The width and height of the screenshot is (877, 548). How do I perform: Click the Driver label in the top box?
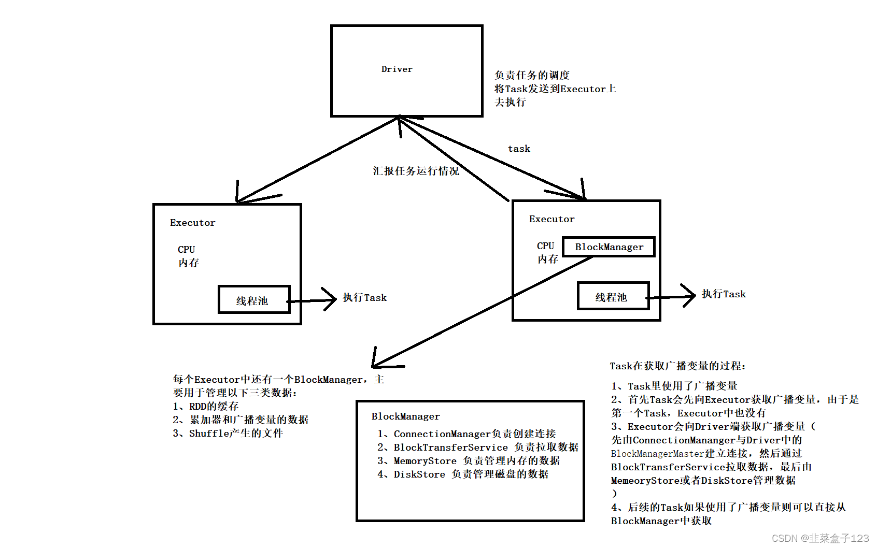397,69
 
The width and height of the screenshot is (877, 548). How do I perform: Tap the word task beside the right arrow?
519,149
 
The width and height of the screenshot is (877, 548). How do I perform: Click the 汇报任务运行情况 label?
416,171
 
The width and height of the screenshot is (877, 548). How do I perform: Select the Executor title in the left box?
192,223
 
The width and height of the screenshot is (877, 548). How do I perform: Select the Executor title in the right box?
551,219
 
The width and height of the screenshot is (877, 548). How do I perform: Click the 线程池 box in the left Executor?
253,300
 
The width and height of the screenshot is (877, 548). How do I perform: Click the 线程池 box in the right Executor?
613,296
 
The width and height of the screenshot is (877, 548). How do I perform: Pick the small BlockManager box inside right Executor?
609,247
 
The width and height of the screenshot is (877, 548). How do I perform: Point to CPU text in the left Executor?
186,250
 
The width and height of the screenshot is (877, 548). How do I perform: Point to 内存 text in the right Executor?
547,259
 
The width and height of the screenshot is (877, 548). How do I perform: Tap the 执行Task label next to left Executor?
364,298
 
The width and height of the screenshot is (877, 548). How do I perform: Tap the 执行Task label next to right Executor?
724,294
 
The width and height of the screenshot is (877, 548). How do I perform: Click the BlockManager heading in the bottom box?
405,416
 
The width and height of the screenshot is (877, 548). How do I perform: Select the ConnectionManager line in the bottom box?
466,434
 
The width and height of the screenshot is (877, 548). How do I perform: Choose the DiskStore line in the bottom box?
463,474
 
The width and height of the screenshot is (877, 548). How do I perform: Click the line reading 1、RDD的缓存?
206,407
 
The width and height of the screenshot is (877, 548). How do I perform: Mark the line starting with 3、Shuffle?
228,434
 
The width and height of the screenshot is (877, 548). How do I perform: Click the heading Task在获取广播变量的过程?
677,366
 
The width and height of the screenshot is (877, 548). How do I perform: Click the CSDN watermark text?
820,538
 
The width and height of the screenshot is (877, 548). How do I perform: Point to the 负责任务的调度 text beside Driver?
532,76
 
